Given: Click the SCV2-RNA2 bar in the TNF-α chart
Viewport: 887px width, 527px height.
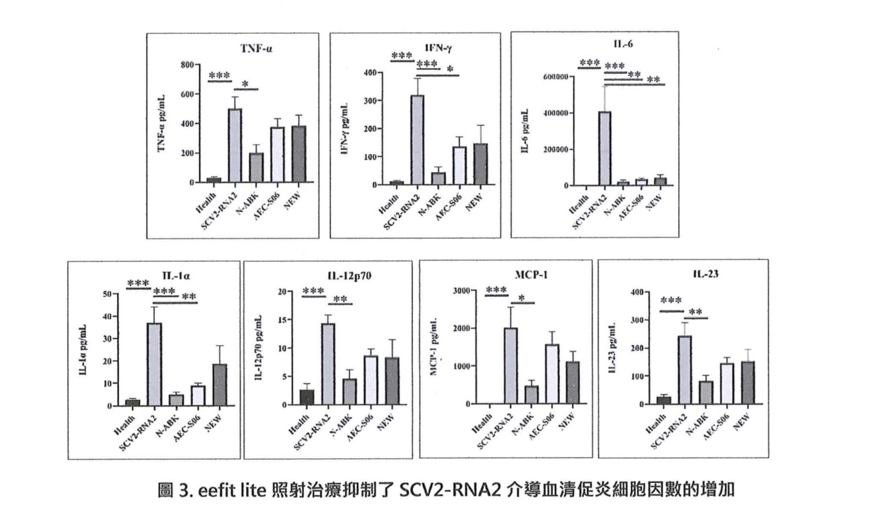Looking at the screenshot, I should (x=235, y=145).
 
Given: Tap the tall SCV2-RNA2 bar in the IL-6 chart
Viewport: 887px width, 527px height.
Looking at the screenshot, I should (x=605, y=148).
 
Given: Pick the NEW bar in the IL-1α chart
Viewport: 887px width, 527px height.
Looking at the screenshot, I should (x=220, y=385).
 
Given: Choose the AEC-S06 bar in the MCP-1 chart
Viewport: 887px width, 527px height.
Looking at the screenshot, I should (x=552, y=374).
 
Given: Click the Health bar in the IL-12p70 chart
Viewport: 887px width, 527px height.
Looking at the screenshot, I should (x=307, y=397).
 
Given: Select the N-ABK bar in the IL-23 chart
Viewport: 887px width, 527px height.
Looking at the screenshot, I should (x=706, y=392).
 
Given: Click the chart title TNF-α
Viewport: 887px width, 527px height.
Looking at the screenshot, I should (x=256, y=48).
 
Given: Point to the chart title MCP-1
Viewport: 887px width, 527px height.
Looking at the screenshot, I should (x=531, y=275).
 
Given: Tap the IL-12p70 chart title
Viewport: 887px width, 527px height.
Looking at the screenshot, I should (x=349, y=276).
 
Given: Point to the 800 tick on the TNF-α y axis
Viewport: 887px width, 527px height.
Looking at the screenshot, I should (x=187, y=65).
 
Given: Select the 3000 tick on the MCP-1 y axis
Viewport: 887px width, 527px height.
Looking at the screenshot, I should (x=461, y=291).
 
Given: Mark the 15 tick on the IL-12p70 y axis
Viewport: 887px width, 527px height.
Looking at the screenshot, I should (x=282, y=320).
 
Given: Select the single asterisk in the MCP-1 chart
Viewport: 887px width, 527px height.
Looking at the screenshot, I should (x=522, y=298).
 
